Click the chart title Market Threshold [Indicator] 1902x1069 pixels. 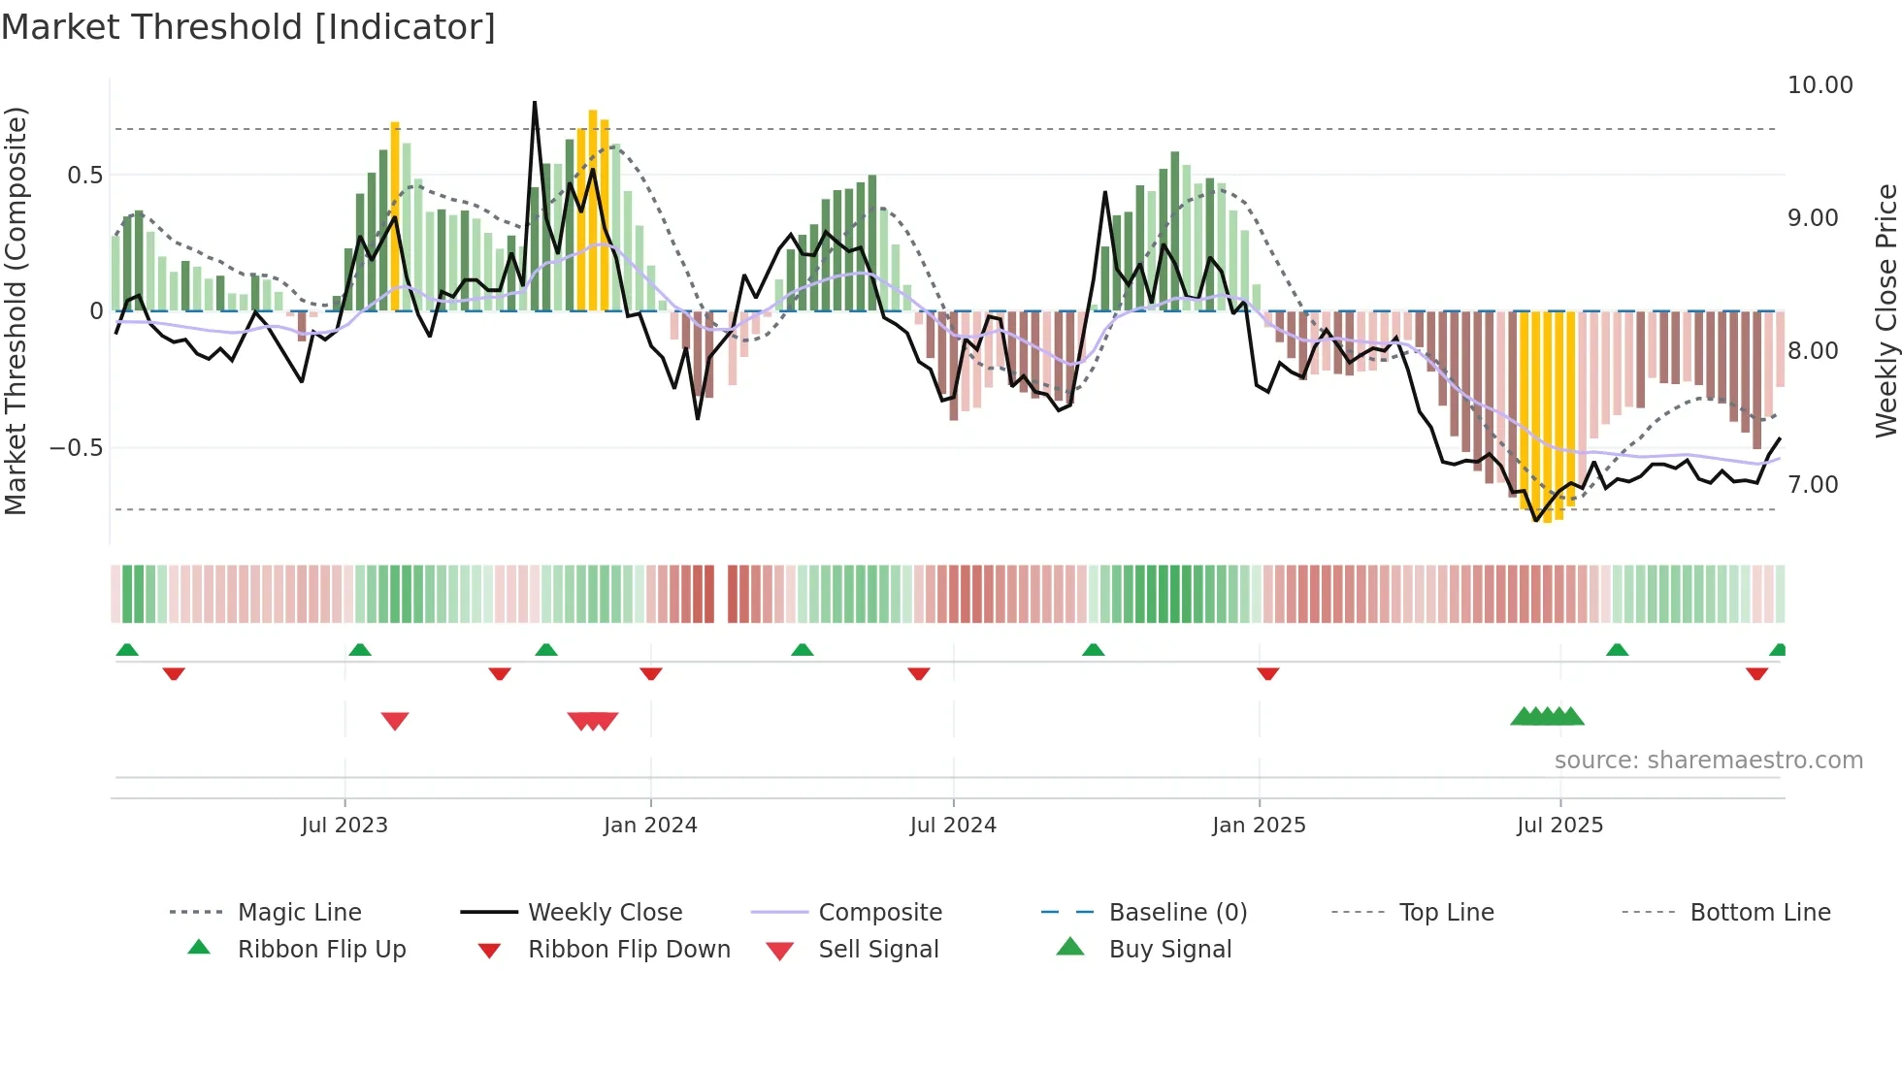click(248, 27)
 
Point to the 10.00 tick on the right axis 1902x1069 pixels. click(1820, 85)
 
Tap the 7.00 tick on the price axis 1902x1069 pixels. click(1813, 485)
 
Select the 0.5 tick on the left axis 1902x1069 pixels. click(84, 176)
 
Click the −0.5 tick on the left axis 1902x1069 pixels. click(76, 448)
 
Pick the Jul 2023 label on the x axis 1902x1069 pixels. click(344, 826)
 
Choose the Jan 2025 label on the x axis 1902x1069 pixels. click(1259, 826)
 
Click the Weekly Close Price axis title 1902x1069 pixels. click(1886, 310)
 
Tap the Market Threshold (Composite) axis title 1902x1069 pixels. click(16, 310)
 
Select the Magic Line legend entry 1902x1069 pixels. click(299, 913)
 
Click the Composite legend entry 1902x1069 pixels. click(879, 913)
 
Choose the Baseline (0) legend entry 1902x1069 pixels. click(1177, 913)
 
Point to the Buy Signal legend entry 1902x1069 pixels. click(1169, 950)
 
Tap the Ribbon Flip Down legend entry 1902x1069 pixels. click(628, 950)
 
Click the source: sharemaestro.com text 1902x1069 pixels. click(1708, 761)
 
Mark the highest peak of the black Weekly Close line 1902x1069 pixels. click(535, 103)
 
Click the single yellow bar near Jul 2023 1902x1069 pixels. click(395, 213)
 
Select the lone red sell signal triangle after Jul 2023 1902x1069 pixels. click(395, 721)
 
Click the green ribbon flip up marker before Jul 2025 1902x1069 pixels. click(1617, 650)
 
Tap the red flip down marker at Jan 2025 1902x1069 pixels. click(1267, 673)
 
